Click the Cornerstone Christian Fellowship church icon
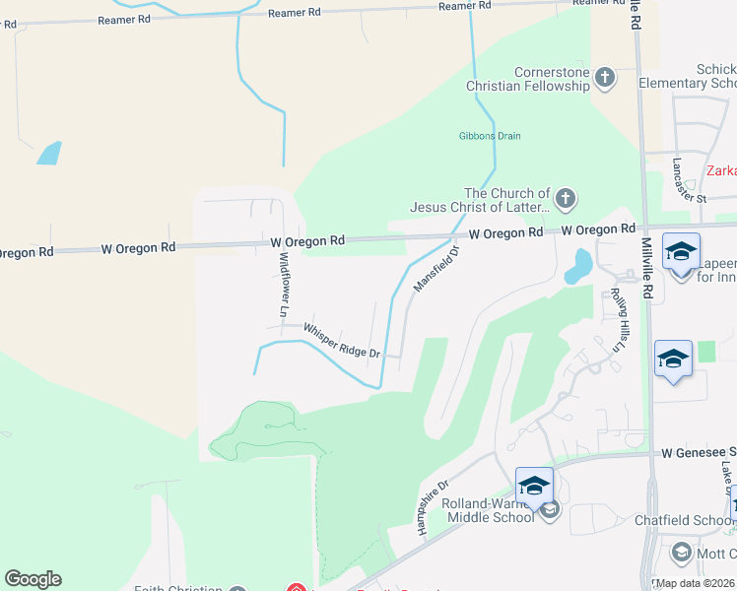pyautogui.click(x=605, y=77)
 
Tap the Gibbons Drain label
pyautogui.click(x=490, y=136)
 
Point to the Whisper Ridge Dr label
pyautogui.click(x=342, y=340)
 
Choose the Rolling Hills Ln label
pyautogui.click(x=620, y=320)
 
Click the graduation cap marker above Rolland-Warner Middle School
pyautogui.click(x=534, y=486)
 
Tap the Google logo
pyautogui.click(x=33, y=579)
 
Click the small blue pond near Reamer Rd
pyautogui.click(x=47, y=153)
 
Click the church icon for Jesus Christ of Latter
pyautogui.click(x=566, y=200)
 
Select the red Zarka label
pyautogui.click(x=721, y=170)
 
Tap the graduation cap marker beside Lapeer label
pyautogui.click(x=681, y=252)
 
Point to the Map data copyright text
pyautogui.click(x=695, y=583)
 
